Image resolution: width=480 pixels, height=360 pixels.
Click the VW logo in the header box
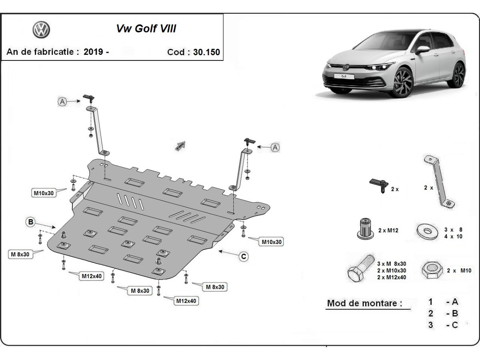41,30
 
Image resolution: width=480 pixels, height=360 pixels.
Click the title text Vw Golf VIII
146,29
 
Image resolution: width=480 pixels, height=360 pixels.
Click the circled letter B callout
31,222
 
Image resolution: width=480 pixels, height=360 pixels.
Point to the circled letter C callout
243,257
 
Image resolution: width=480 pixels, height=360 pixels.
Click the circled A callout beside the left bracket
62,102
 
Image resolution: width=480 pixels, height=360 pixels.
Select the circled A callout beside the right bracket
275,148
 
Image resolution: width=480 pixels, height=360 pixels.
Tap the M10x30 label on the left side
44,193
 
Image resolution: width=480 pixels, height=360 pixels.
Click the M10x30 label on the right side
272,242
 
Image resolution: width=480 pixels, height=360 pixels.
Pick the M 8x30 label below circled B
20,254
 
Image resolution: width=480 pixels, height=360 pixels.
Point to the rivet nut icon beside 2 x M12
365,229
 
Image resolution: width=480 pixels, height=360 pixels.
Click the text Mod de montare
364,303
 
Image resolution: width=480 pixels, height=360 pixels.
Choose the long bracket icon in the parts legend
439,182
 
